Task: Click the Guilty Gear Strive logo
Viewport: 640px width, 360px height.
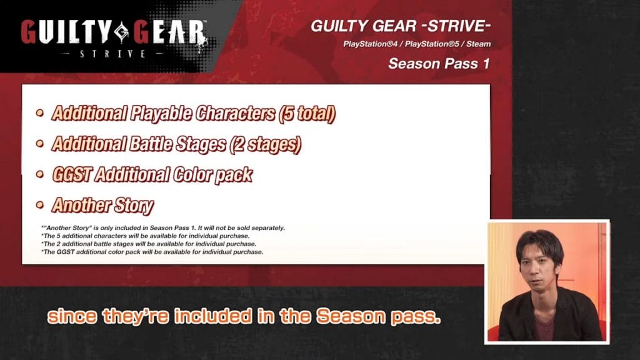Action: (x=114, y=37)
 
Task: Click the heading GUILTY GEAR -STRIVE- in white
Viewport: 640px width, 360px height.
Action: (x=401, y=26)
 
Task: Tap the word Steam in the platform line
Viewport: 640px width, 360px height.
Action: (x=478, y=44)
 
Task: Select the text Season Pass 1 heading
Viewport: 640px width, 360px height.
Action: (x=439, y=64)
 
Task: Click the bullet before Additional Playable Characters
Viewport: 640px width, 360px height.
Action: (x=39, y=112)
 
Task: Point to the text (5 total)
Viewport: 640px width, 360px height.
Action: (x=307, y=114)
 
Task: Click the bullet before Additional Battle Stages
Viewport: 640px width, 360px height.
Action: (x=39, y=143)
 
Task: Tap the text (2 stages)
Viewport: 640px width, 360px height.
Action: (x=265, y=144)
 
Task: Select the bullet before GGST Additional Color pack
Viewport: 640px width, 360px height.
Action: (x=39, y=174)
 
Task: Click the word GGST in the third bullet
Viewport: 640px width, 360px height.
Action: (x=72, y=175)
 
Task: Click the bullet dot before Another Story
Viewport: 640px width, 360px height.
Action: (x=39, y=204)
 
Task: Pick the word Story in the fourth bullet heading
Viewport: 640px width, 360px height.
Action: (x=134, y=205)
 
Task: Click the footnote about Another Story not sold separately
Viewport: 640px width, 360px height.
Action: (x=163, y=227)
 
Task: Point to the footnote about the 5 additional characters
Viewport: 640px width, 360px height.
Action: (x=145, y=236)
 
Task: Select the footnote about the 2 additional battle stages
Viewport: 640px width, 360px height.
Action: (x=149, y=244)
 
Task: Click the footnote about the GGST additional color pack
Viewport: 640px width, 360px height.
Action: (x=152, y=252)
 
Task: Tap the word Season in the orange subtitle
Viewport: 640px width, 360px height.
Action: (x=351, y=316)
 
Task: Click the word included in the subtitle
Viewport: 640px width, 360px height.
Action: (x=213, y=316)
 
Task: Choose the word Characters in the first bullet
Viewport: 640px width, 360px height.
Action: (x=236, y=114)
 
